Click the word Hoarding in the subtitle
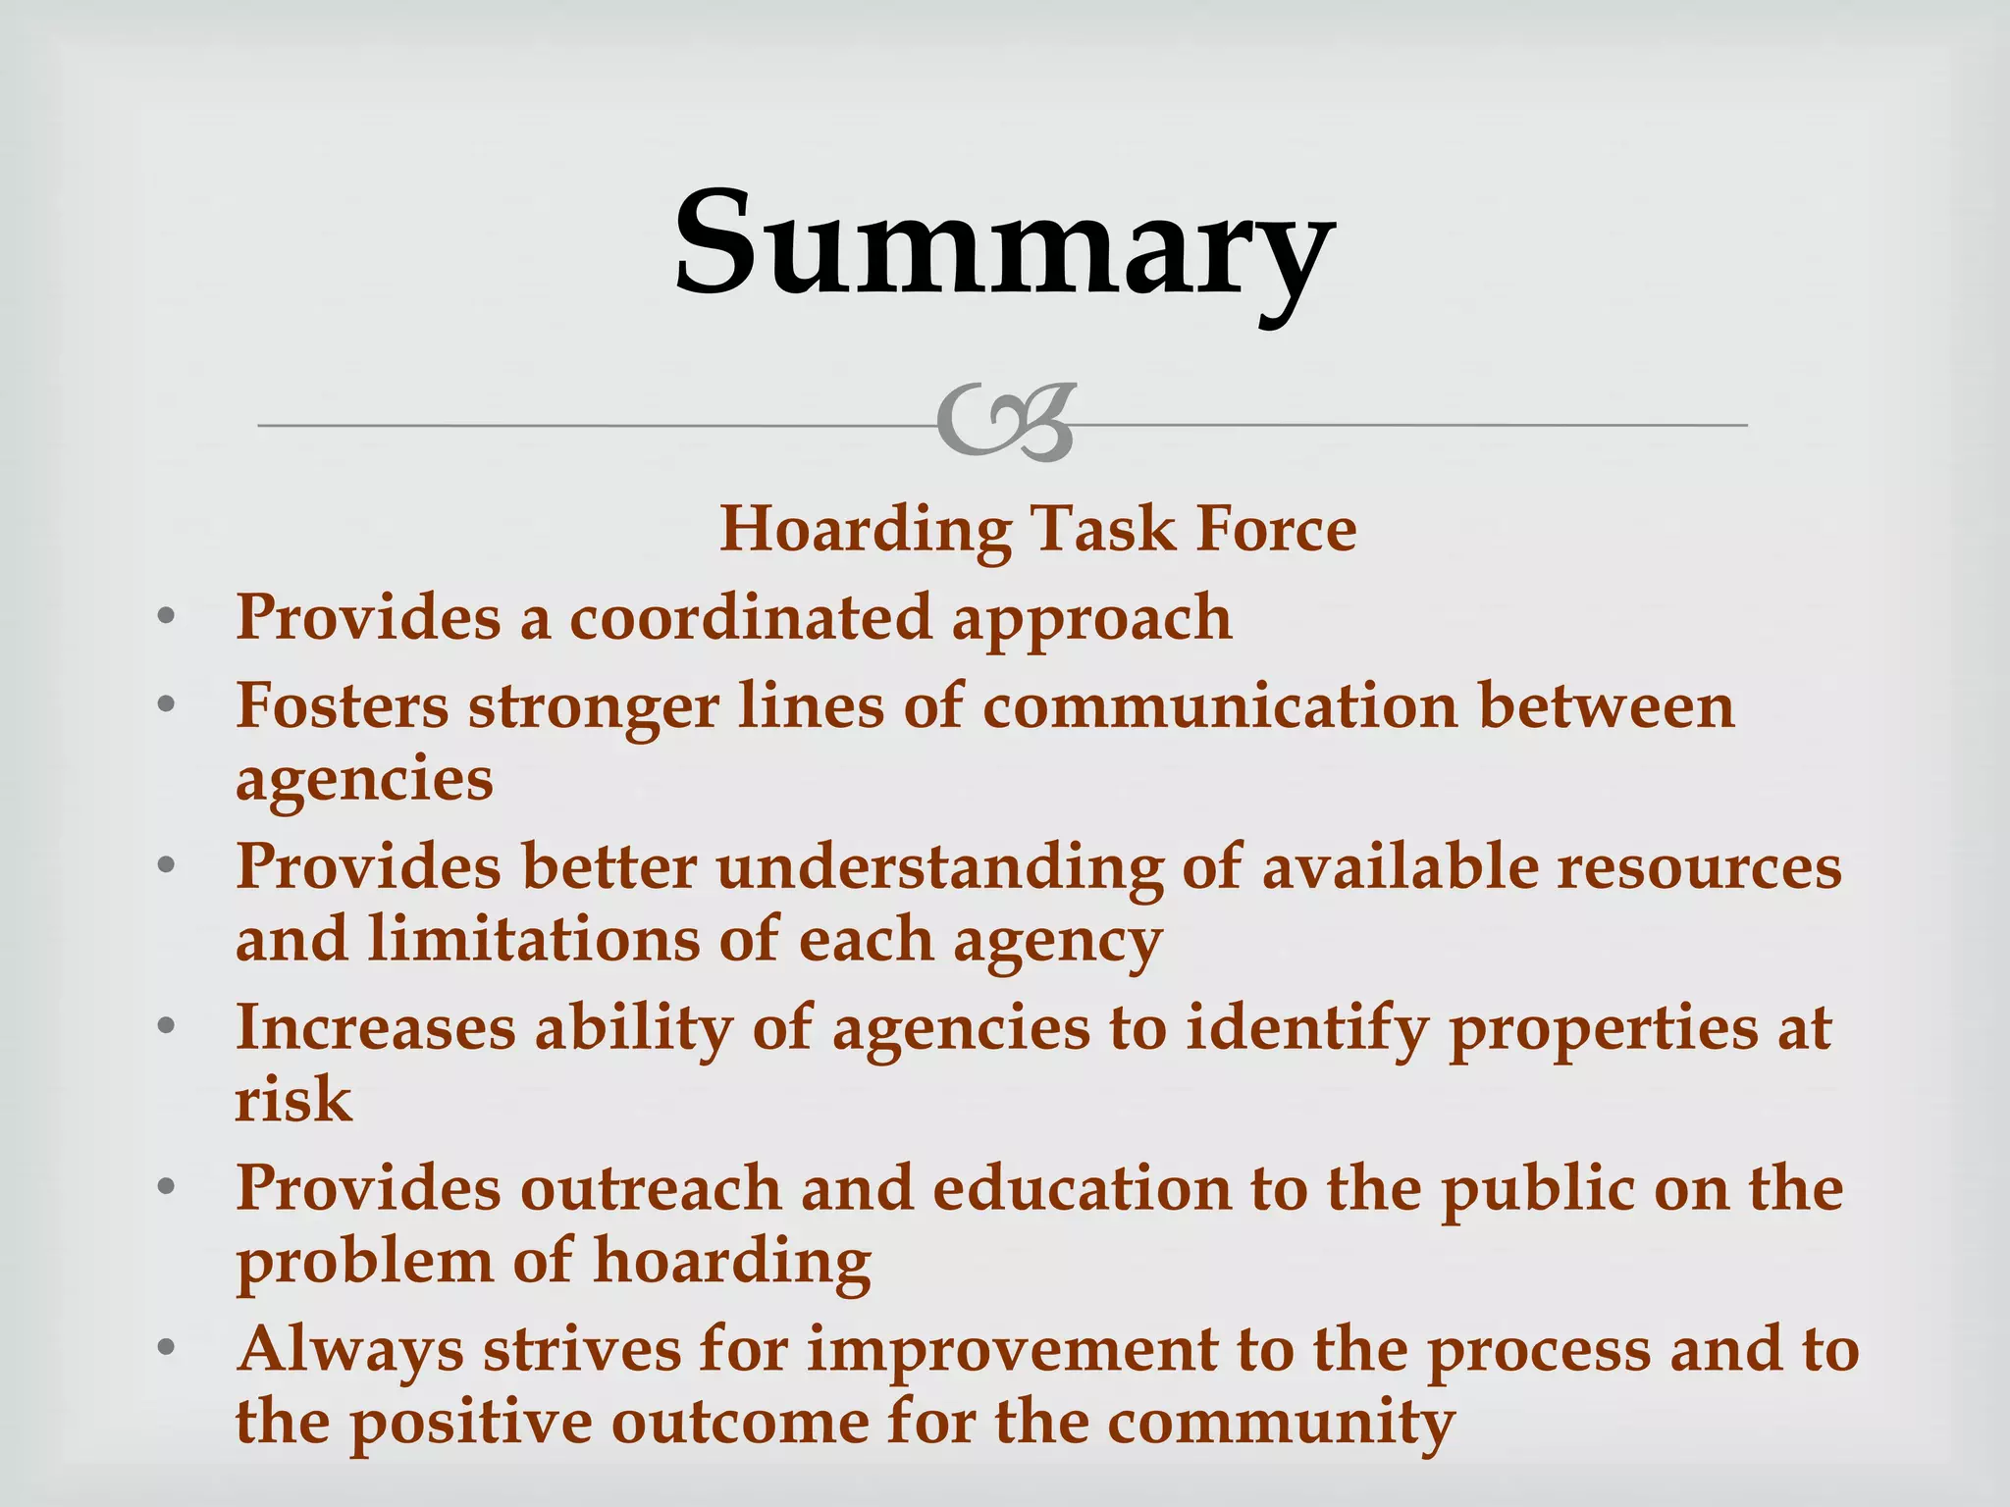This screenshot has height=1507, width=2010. coord(864,530)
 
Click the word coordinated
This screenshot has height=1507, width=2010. coord(750,618)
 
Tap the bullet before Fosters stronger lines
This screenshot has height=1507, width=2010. coord(166,705)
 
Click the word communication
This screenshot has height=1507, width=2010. coord(1220,706)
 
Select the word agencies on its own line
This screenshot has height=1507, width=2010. coord(364,781)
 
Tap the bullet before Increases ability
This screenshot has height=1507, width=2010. coord(166,1026)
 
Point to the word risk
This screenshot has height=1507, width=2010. coord(292,1100)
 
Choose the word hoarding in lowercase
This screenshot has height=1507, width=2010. coord(732,1263)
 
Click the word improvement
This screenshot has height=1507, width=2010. coord(1011,1350)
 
